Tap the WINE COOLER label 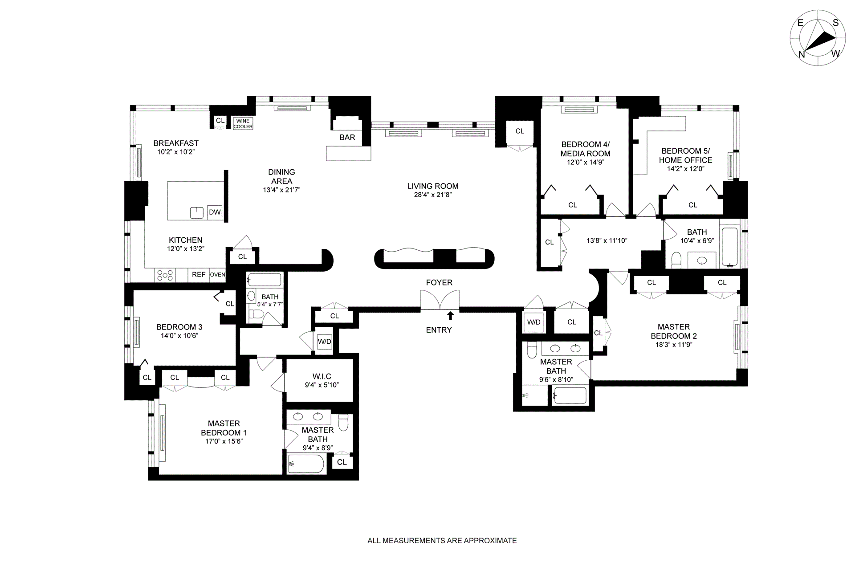pyautogui.click(x=243, y=124)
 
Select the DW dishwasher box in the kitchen pyautogui.click(x=215, y=212)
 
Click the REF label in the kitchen pyautogui.click(x=199, y=275)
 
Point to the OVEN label pyautogui.click(x=218, y=275)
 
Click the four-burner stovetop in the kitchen pyautogui.click(x=165, y=275)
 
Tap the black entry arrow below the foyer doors pyautogui.click(x=451, y=316)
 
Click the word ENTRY pyautogui.click(x=439, y=330)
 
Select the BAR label pyautogui.click(x=347, y=138)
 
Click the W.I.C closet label pyautogui.click(x=322, y=377)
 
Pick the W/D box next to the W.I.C pyautogui.click(x=324, y=342)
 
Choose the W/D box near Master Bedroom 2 pyautogui.click(x=533, y=322)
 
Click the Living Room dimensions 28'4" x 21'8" pyautogui.click(x=433, y=195)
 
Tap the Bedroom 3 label pyautogui.click(x=179, y=327)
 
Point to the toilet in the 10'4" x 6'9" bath pyautogui.click(x=676, y=261)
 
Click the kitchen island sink pyautogui.click(x=197, y=213)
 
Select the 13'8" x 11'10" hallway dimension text pyautogui.click(x=607, y=240)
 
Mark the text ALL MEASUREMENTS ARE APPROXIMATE pyautogui.click(x=442, y=541)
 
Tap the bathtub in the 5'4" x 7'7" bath pyautogui.click(x=264, y=280)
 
